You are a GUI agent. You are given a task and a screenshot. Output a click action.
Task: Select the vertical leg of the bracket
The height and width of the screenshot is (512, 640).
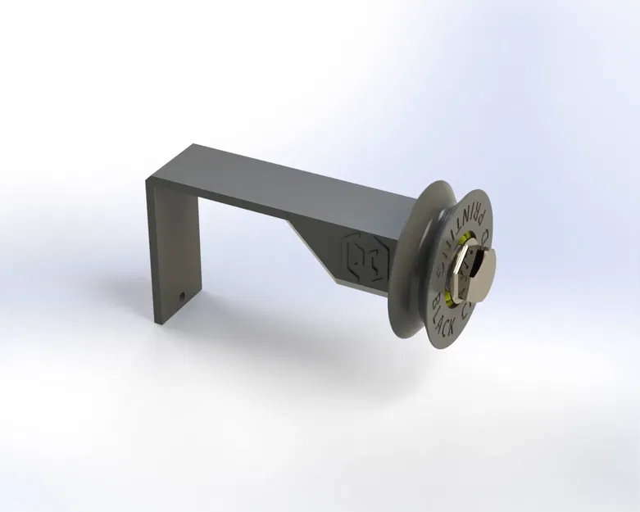click(172, 246)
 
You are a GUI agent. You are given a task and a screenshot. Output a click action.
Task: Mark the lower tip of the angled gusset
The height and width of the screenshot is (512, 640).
click(337, 282)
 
